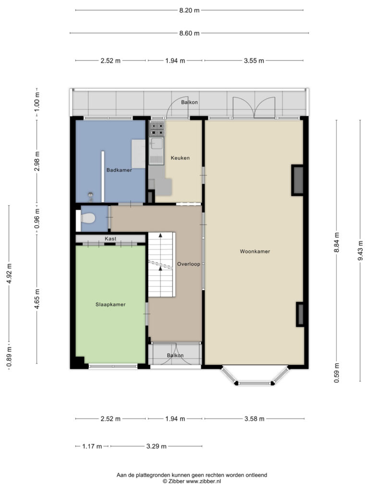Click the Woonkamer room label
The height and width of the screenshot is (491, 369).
point(255,251)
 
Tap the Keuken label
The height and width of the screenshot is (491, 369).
point(180,158)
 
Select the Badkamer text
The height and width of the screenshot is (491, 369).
point(119,170)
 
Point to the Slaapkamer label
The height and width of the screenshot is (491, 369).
point(111,304)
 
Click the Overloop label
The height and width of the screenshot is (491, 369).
point(188,264)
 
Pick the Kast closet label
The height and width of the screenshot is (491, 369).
point(111,239)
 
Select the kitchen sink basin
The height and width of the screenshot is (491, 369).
point(157,143)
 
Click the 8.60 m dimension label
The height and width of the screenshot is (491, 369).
point(189,33)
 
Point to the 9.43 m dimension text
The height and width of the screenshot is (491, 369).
point(360,250)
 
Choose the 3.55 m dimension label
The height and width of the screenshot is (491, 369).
point(254,60)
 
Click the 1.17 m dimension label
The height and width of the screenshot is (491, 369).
point(92,446)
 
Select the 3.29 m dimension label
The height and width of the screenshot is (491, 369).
point(156,446)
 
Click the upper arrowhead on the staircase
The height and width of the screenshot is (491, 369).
point(160,235)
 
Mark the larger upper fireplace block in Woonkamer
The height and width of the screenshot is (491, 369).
point(298,180)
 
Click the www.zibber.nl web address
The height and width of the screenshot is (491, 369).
point(204,481)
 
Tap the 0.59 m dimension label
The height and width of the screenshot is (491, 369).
point(337,373)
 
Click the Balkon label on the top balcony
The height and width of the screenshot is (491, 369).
point(189,102)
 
